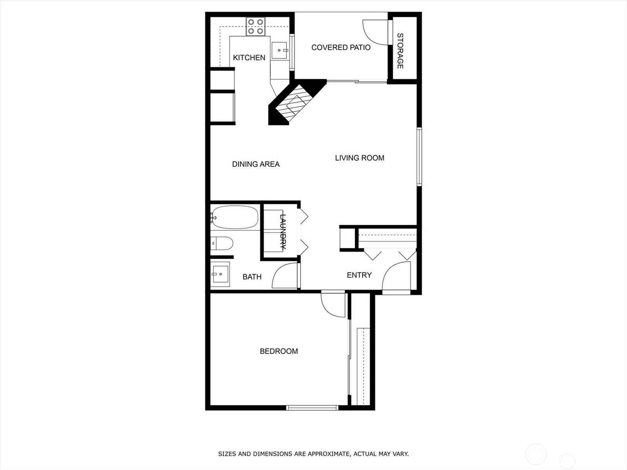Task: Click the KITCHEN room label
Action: point(249,58)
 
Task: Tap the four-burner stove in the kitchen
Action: point(255,27)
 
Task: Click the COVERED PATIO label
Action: point(341,47)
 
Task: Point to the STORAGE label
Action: point(400,51)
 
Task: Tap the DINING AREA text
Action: point(256,164)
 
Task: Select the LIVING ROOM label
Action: point(359,158)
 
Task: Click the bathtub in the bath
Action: point(235,217)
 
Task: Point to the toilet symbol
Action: point(222,243)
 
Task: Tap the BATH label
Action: point(252,277)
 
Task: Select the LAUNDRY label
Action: point(283,231)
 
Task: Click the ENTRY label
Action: point(359,275)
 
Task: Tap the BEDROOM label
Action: point(279,351)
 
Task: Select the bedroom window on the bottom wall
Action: point(312,408)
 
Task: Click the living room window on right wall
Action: point(419,156)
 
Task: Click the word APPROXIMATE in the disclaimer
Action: point(328,454)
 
